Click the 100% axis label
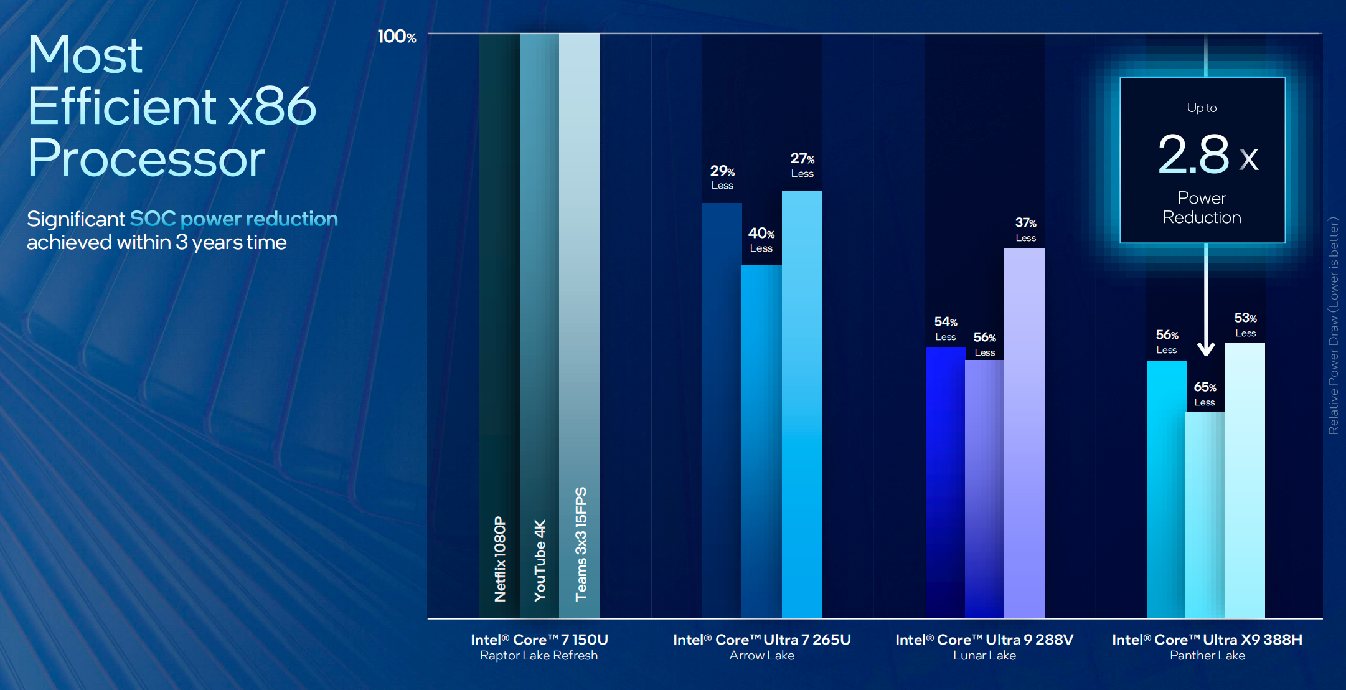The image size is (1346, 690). (397, 37)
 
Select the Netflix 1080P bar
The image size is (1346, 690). (499, 326)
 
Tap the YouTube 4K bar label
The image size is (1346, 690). (540, 560)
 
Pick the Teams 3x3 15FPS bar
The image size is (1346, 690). (579, 326)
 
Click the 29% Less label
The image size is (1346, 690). (722, 177)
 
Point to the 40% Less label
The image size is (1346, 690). (761, 240)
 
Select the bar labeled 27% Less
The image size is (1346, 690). (802, 404)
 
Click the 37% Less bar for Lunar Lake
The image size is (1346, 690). (1024, 433)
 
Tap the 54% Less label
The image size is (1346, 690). (946, 328)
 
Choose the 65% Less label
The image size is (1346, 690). (1205, 394)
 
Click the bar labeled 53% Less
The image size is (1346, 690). (1245, 481)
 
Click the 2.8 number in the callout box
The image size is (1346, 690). (1193, 154)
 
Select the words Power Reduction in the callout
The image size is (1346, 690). (1202, 207)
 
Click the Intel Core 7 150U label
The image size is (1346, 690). (539, 640)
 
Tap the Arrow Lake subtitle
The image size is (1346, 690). (762, 655)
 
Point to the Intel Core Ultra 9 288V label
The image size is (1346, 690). (984, 640)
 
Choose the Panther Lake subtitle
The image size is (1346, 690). (1207, 655)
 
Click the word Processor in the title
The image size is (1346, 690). (146, 158)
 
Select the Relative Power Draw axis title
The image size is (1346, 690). (1333, 325)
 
